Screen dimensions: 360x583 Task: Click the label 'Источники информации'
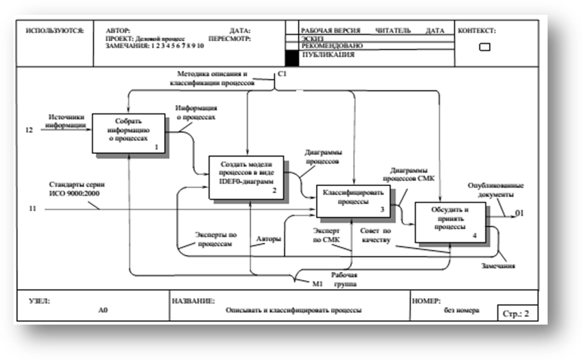[x=68, y=121]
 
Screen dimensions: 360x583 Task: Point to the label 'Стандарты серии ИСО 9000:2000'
[x=73, y=189]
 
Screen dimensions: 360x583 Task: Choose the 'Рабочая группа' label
[x=344, y=278]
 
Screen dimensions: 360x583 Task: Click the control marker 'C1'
[x=282, y=76]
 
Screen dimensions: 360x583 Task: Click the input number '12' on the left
[x=29, y=131]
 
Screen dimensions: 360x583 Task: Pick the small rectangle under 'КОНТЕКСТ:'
[x=485, y=47]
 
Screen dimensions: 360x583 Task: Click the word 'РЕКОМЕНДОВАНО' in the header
[x=332, y=46]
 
